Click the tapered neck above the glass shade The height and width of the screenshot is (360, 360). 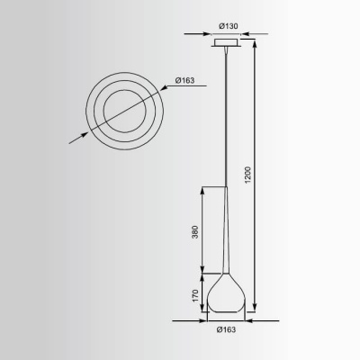click(x=225, y=243)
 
